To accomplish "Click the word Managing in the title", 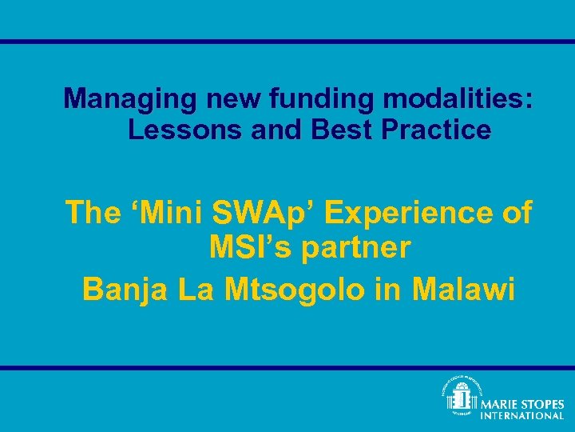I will [131, 100].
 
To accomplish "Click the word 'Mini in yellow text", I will [169, 213].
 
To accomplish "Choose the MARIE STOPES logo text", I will [521, 405].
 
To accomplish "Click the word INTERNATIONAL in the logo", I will [521, 416].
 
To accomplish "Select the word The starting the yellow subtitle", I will [92, 213].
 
